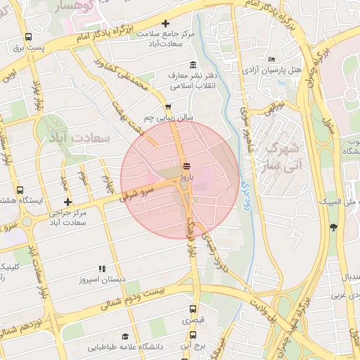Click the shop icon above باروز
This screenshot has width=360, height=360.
pos(186,167)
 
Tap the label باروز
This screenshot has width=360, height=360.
pos(186,179)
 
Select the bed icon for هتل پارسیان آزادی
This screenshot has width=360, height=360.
pos(272,59)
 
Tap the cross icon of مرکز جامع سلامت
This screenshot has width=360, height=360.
pos(165,23)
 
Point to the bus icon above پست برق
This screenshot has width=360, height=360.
pos(28,37)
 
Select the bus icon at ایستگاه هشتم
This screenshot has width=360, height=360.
pos(19,190)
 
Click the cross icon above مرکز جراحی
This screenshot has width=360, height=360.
pos(67,202)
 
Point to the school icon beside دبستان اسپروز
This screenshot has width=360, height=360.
pos(102,269)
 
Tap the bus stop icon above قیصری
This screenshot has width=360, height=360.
pos(191,309)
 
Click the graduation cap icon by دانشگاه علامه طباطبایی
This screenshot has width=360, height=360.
pos(125,337)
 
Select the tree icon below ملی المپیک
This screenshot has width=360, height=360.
pos(333,226)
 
